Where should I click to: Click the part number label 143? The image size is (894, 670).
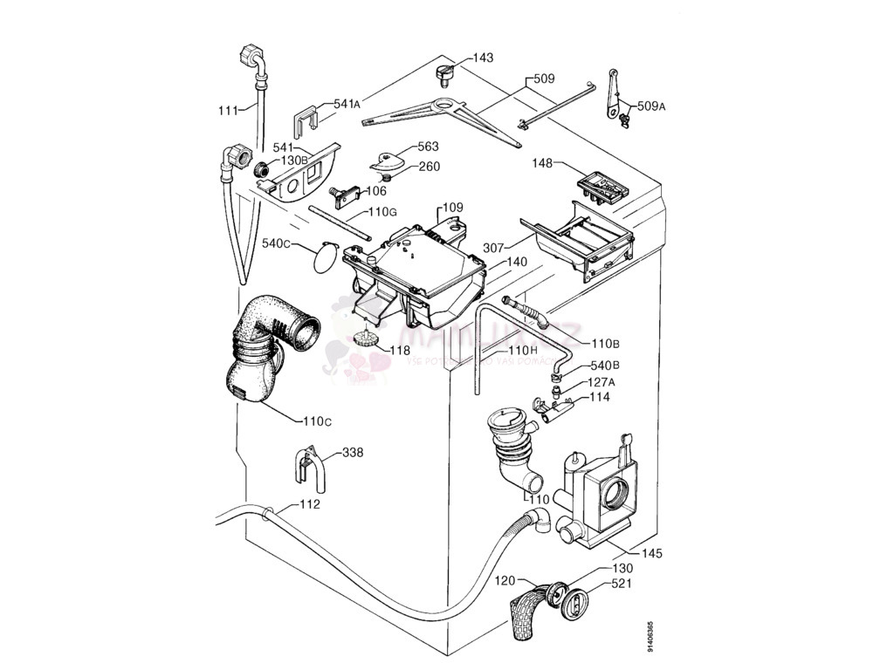click(483, 58)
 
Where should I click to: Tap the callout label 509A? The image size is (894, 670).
click(651, 106)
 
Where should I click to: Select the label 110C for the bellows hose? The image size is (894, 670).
click(316, 423)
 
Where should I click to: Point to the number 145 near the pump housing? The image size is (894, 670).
click(651, 553)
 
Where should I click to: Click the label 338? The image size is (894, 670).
click(353, 453)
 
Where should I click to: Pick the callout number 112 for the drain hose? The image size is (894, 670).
click(310, 504)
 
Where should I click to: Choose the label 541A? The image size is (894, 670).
click(347, 103)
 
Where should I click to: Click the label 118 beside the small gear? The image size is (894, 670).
click(399, 350)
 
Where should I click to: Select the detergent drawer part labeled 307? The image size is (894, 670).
click(578, 242)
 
